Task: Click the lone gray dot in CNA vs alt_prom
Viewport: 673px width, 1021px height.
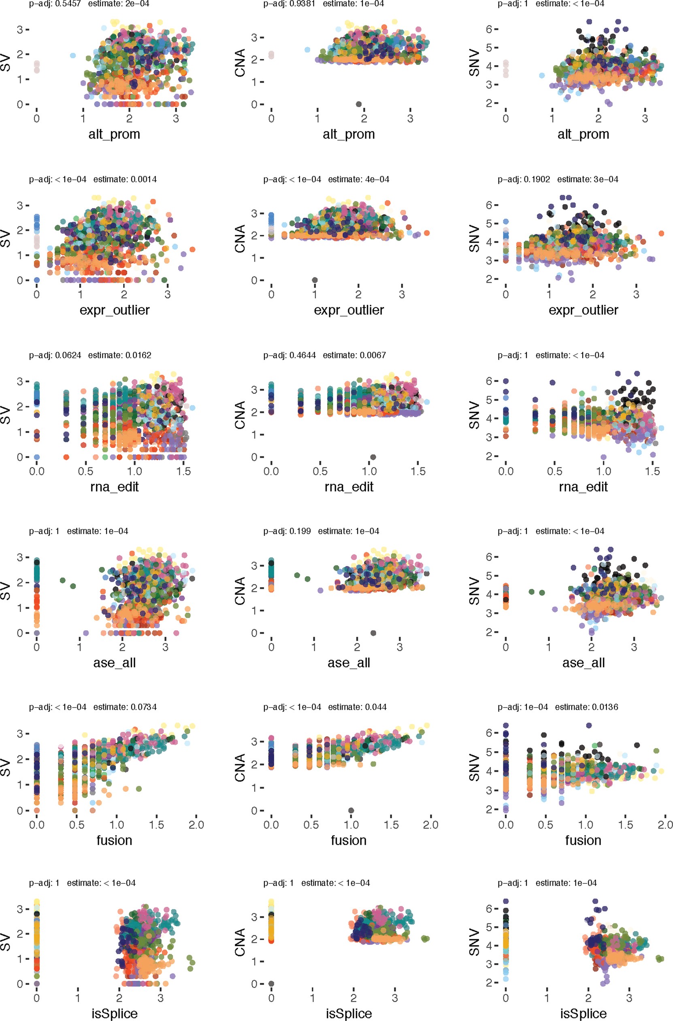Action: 359,104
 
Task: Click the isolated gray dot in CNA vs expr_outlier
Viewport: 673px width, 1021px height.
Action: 315,280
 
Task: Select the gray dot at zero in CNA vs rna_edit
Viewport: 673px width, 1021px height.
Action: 373,457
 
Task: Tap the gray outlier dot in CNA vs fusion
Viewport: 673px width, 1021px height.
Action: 351,810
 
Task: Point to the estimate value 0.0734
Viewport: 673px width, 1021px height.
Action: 143,707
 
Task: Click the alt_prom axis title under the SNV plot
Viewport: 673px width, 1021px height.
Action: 583,134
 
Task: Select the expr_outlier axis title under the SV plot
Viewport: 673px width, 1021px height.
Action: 115,310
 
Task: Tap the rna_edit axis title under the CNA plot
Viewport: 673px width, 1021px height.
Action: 349,486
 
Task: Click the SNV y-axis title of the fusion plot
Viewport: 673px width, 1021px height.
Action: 474,767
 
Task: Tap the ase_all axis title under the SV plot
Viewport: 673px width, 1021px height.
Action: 115,663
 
